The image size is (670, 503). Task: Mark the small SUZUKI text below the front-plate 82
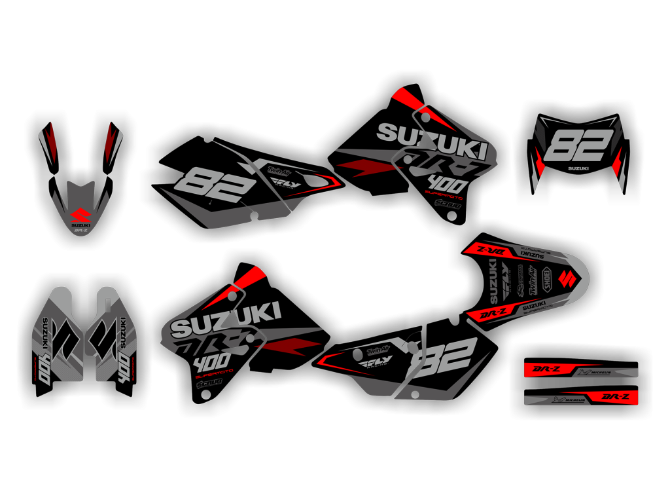tap(578, 169)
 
